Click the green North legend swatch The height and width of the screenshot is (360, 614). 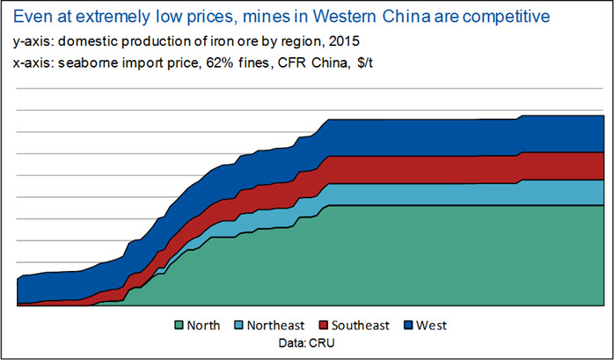point(180,326)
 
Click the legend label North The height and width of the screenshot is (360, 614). point(204,326)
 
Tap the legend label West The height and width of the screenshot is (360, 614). point(432,326)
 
